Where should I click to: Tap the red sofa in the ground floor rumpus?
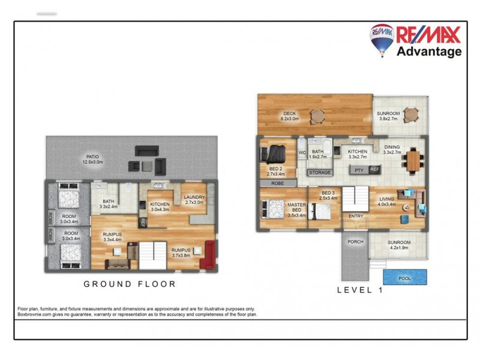tap(209, 254)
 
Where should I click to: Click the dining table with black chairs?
tap(415, 160)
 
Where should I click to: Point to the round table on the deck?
tap(316, 115)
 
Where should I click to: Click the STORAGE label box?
tap(319, 173)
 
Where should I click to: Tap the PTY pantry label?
tap(359, 170)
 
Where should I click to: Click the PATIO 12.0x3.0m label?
tap(92, 158)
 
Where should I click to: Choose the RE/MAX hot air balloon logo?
tap(381, 39)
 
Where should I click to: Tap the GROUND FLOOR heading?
tap(129, 284)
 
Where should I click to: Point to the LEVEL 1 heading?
tap(359, 289)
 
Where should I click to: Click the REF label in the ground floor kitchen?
tap(143, 223)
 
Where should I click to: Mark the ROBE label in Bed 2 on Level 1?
tap(277, 183)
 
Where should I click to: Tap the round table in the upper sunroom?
tap(411, 113)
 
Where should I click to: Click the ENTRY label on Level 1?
tap(356, 216)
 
